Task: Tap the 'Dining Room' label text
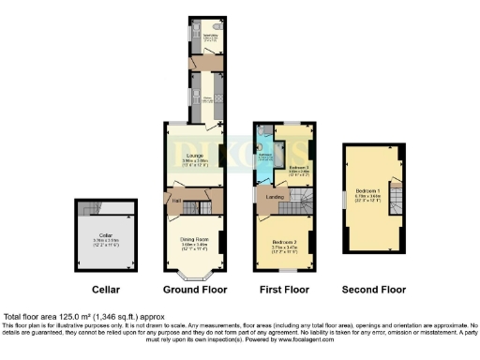click(193, 239)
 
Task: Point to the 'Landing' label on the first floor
click(274, 196)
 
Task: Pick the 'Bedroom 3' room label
click(300, 166)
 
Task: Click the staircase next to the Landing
click(300, 197)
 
